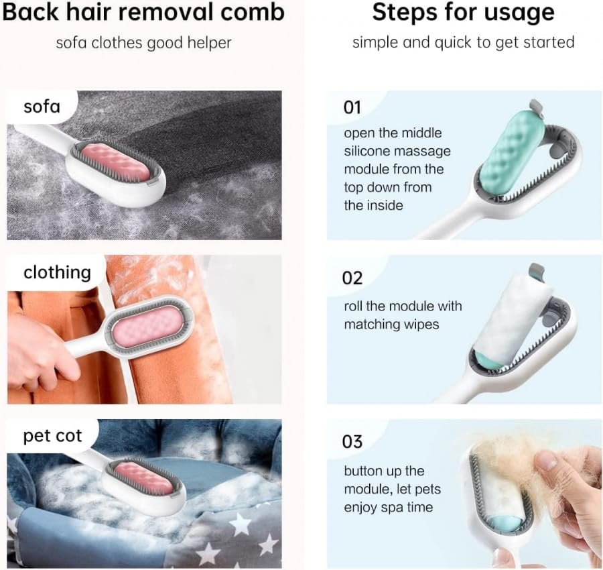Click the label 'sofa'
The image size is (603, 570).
(x=42, y=107)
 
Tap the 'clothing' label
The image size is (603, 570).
(x=58, y=272)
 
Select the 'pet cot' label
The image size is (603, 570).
(x=52, y=436)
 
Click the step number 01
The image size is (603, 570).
(x=352, y=107)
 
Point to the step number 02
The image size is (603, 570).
(x=352, y=278)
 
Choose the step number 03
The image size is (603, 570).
(x=352, y=442)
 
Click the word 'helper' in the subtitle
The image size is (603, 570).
(x=209, y=43)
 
